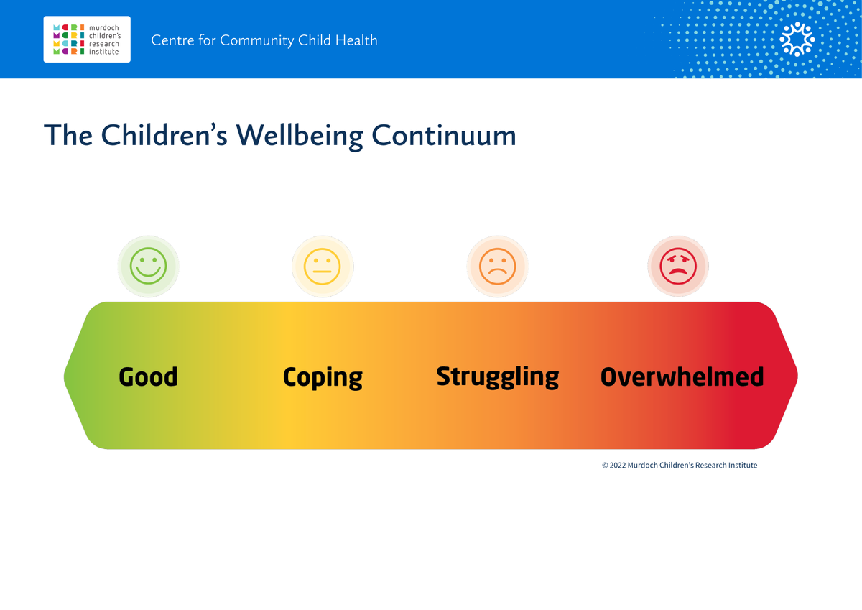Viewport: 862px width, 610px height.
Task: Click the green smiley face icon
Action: [148, 266]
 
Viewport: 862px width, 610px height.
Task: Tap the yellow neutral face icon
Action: [323, 266]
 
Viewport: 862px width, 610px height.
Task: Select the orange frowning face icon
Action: [497, 266]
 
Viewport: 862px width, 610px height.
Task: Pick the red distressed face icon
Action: [678, 266]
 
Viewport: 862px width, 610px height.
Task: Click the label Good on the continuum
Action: [148, 376]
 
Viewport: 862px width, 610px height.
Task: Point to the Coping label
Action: [323, 378]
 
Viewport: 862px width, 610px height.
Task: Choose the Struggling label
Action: [497, 377]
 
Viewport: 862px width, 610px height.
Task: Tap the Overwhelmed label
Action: [682, 376]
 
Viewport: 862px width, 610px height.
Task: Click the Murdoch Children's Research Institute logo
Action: [87, 40]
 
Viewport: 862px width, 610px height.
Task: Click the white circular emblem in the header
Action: [797, 40]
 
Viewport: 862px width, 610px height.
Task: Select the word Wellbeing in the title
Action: [300, 137]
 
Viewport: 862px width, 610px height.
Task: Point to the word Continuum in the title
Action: [444, 136]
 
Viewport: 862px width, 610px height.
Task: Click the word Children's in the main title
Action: [164, 136]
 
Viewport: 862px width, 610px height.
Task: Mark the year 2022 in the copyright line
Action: [618, 466]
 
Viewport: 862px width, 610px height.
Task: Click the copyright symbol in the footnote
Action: [605, 466]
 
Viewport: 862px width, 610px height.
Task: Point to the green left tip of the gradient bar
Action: [64, 376]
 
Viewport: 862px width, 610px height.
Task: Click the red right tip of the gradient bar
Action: [797, 376]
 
